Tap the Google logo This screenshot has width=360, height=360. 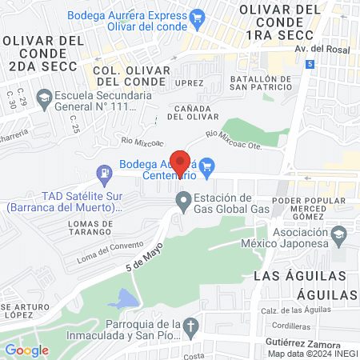(x=26, y=350)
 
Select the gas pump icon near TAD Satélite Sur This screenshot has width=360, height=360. (x=103, y=172)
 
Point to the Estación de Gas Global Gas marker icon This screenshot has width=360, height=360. (x=184, y=199)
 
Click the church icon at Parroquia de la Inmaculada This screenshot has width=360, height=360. (x=190, y=326)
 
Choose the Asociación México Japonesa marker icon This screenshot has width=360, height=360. (x=340, y=235)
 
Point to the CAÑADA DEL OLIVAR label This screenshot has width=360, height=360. (x=192, y=112)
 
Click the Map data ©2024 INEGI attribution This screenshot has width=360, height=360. (x=312, y=353)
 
